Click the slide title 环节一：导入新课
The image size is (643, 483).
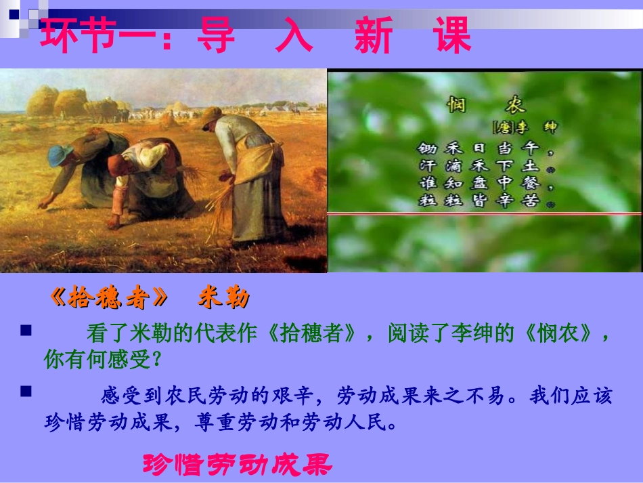point(255,36)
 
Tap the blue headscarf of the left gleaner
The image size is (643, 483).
point(60,155)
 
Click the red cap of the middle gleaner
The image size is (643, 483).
point(117,161)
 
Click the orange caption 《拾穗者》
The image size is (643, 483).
point(109,298)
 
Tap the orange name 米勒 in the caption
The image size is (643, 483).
point(223,298)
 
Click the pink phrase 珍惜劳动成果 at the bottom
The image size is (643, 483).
point(237,465)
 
